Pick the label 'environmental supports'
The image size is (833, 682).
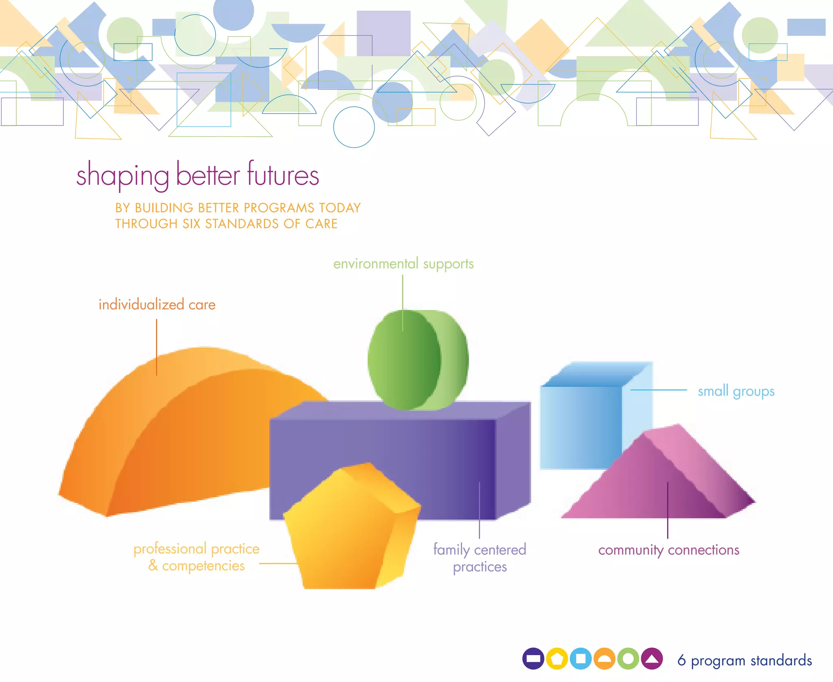point(403,264)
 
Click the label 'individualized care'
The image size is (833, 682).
point(157,305)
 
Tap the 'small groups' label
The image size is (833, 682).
point(736,391)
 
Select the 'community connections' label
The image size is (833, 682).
point(668,550)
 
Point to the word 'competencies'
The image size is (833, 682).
point(203,566)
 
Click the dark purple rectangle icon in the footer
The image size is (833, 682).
point(533,658)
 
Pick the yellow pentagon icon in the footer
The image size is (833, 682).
point(557,658)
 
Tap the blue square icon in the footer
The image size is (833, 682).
point(580,658)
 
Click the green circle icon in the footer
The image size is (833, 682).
point(628,658)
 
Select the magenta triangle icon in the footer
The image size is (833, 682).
point(652,658)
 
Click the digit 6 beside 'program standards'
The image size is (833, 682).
point(681,660)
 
